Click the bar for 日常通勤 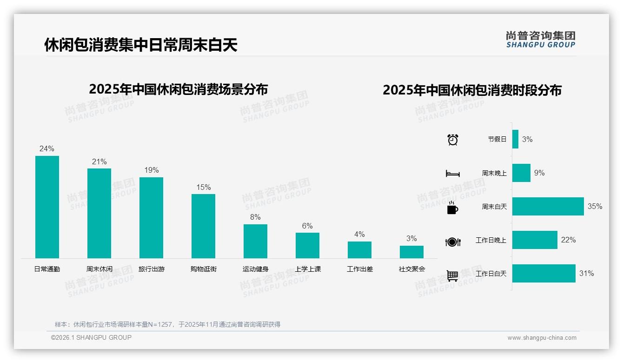click(x=47, y=207)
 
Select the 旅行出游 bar click(x=151, y=218)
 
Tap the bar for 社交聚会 click(x=411, y=252)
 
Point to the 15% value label click(x=203, y=188)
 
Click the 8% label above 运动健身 click(x=255, y=217)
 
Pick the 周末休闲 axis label click(x=99, y=269)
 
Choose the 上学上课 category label click(x=307, y=269)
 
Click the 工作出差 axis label click(x=359, y=269)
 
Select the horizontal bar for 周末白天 click(x=548, y=207)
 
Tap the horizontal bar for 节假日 click(x=515, y=139)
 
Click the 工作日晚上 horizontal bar click(x=535, y=240)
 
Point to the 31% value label click(x=586, y=274)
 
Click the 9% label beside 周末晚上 click(x=539, y=173)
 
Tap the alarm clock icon click(x=452, y=140)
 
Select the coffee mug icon click(x=452, y=208)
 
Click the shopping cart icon click(x=452, y=276)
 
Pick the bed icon click(x=452, y=174)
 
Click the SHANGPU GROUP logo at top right click(x=540, y=40)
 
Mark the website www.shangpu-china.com click(x=542, y=338)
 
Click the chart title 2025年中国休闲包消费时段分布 click(x=472, y=90)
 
